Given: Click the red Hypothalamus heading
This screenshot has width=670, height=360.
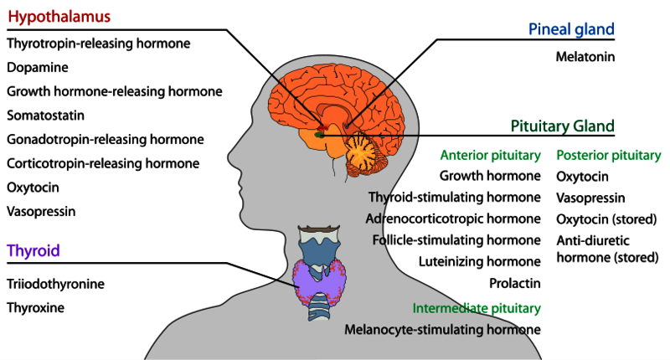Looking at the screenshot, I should (58, 17).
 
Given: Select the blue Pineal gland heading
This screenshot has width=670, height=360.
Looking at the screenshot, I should (571, 29).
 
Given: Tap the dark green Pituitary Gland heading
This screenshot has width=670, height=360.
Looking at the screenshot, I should (562, 126).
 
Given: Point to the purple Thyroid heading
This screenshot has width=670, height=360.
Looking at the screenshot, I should (33, 250).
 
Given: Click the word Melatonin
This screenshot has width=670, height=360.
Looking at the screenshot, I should (585, 57).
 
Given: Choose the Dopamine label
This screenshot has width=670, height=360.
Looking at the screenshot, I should (38, 66).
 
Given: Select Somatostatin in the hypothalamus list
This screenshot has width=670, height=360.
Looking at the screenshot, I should (45, 115).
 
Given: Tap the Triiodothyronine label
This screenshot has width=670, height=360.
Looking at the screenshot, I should (55, 284).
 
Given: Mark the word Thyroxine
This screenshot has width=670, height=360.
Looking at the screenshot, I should (35, 307).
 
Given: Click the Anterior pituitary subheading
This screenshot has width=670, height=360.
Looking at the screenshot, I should (490, 155).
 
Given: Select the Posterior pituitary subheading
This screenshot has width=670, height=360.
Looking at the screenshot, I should (609, 155).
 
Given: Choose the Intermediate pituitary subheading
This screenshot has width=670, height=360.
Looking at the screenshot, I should (477, 308).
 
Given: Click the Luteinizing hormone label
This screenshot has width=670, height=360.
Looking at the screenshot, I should (480, 262).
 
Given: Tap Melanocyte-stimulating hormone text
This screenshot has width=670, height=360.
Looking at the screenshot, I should (442, 329).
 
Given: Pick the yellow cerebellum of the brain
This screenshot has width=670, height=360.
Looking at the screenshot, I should (368, 152).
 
